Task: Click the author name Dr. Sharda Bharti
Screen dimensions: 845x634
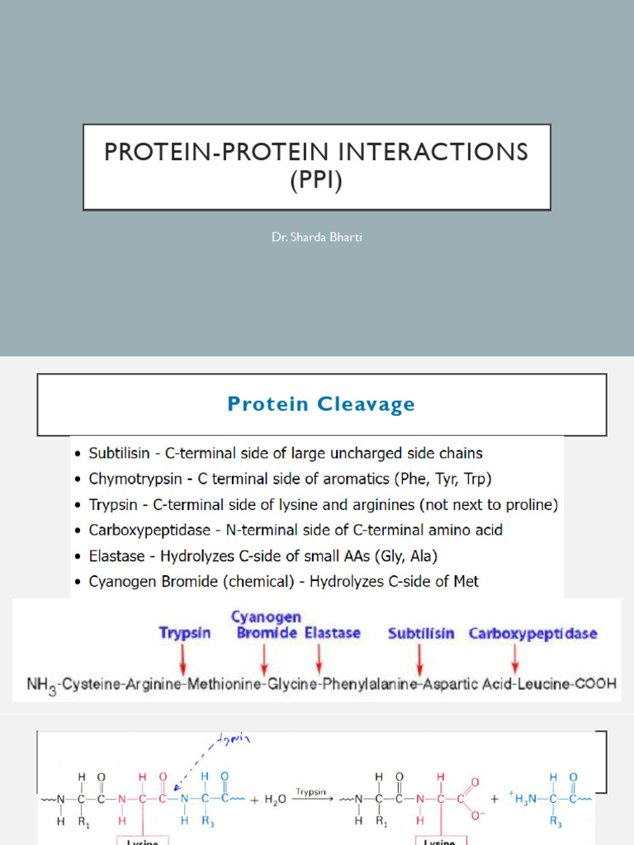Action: click(x=316, y=238)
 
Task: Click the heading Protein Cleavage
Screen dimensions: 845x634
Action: click(x=321, y=404)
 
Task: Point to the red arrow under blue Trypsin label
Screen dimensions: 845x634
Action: click(x=183, y=658)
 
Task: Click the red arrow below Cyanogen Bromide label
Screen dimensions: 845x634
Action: click(x=264, y=658)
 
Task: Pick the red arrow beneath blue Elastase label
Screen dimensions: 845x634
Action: click(x=319, y=658)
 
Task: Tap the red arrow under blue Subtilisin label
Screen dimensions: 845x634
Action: click(x=420, y=658)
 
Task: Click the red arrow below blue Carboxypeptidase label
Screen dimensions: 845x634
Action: click(x=515, y=658)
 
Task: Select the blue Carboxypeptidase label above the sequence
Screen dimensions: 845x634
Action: click(x=533, y=634)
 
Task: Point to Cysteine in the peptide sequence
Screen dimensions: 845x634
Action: click(x=97, y=686)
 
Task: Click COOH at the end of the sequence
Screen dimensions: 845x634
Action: click(x=596, y=686)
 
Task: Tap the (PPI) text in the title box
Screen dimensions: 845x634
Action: click(x=316, y=179)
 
